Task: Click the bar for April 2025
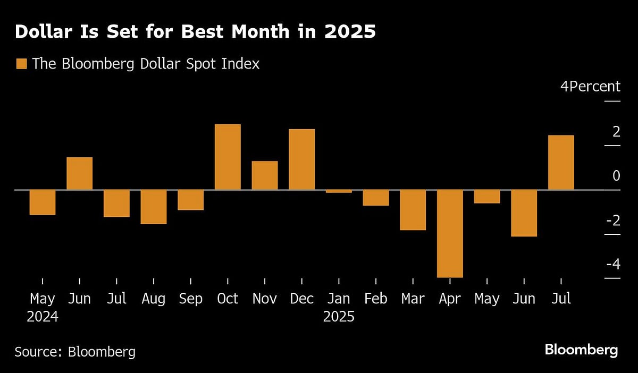click(x=450, y=233)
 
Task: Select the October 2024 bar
click(x=228, y=157)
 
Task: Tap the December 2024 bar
click(x=301, y=159)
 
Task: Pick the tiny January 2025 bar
click(x=339, y=191)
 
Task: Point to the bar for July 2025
click(x=561, y=163)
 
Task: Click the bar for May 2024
click(x=43, y=202)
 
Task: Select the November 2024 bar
click(x=265, y=175)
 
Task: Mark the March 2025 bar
click(x=413, y=210)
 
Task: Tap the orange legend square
click(x=21, y=64)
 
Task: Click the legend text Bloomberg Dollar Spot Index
click(x=146, y=64)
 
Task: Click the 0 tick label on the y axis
click(x=616, y=176)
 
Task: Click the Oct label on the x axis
click(x=228, y=299)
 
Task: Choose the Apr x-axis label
click(x=450, y=299)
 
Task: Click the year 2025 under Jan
click(x=339, y=317)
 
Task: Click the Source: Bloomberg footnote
click(x=75, y=351)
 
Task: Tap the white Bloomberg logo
click(x=581, y=350)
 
